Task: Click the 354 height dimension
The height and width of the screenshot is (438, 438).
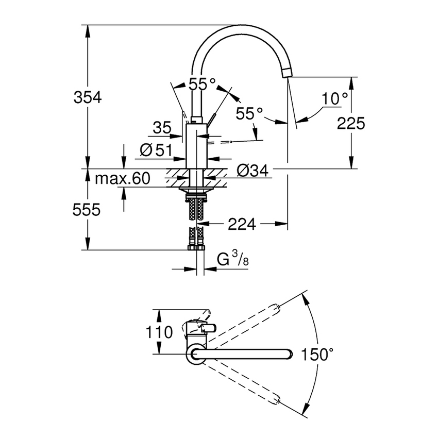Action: (x=85, y=97)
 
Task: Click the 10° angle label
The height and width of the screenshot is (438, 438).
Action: (x=335, y=97)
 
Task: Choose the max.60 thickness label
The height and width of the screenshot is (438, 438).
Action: (x=122, y=179)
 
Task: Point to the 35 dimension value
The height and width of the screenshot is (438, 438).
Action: (x=161, y=127)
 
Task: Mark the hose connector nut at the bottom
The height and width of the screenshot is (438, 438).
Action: (x=196, y=246)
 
